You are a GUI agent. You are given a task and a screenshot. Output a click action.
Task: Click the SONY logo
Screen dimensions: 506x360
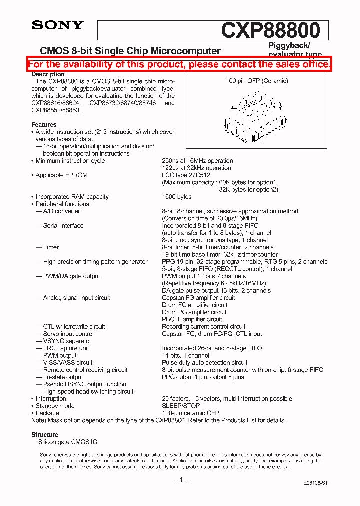[58, 25]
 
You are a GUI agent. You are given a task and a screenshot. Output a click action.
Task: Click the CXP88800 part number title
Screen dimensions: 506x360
[270, 30]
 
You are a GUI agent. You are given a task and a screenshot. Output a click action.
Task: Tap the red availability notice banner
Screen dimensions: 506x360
[179, 64]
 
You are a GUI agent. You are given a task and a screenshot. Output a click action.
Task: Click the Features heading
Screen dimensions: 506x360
[44, 125]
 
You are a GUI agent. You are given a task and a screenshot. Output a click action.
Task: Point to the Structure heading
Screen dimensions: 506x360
[45, 435]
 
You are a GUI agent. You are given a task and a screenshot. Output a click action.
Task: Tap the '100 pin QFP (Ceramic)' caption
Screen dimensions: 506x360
[257, 81]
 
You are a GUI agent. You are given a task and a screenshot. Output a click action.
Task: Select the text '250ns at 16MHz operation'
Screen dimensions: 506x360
[197, 161]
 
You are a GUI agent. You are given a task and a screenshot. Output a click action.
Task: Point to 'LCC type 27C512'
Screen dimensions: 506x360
[186, 175]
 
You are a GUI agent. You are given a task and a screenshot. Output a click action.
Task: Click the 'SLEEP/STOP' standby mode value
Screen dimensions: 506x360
[180, 406]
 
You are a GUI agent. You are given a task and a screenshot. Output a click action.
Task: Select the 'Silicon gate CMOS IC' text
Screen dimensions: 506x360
[68, 442]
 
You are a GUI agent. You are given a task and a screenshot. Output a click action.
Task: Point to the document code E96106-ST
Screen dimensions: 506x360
[315, 484]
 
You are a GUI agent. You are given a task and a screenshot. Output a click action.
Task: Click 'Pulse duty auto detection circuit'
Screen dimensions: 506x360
[204, 363]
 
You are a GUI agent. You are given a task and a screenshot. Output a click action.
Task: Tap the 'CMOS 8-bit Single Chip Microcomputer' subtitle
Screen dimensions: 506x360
[130, 51]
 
